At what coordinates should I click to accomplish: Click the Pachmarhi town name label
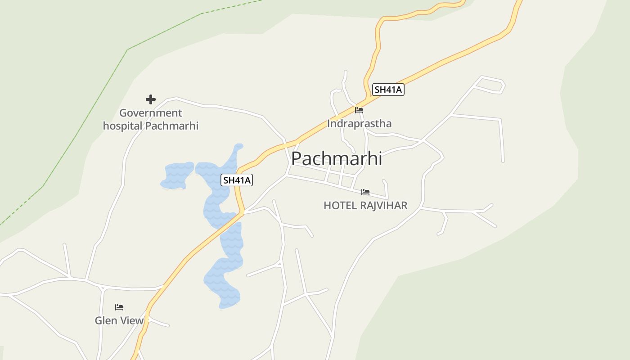(x=337, y=158)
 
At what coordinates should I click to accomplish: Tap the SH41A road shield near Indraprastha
(x=388, y=90)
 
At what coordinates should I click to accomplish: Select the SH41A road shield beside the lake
(x=237, y=180)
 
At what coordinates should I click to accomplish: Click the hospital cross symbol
(x=151, y=99)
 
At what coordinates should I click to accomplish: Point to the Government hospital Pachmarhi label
(x=151, y=119)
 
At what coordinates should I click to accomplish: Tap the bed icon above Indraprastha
(x=359, y=110)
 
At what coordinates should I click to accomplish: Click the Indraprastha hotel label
(x=359, y=123)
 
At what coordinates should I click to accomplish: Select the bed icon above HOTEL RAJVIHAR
(x=365, y=192)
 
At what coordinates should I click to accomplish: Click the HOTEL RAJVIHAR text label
(x=365, y=206)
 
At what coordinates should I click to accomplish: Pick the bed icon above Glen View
(x=119, y=307)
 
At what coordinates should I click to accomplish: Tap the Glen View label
(x=119, y=320)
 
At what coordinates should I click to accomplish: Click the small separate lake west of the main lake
(x=177, y=175)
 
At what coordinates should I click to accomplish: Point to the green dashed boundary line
(x=85, y=121)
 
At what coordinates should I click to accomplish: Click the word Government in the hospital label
(x=151, y=113)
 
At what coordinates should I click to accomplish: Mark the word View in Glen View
(x=132, y=320)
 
